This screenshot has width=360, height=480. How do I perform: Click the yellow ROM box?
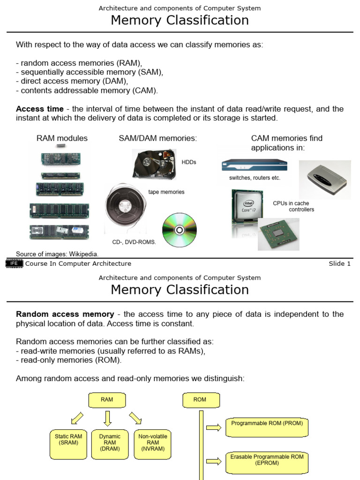pyautogui.click(x=200, y=400)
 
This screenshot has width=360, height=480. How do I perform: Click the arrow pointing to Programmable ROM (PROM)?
pyautogui.click(x=213, y=427)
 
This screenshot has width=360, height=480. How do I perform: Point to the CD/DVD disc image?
pyautogui.click(x=179, y=230)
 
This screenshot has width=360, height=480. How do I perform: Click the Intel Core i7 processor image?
pyautogui.click(x=248, y=209)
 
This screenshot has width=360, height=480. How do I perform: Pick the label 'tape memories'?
pyautogui.click(x=166, y=192)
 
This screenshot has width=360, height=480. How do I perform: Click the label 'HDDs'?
pyautogui.click(x=189, y=162)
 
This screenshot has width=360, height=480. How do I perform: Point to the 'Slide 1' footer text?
pyautogui.click(x=339, y=264)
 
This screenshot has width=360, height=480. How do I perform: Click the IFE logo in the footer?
pyautogui.click(x=14, y=263)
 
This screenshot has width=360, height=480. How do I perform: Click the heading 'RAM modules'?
pyautogui.click(x=62, y=138)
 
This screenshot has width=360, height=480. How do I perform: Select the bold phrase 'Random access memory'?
pyautogui.click(x=65, y=314)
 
